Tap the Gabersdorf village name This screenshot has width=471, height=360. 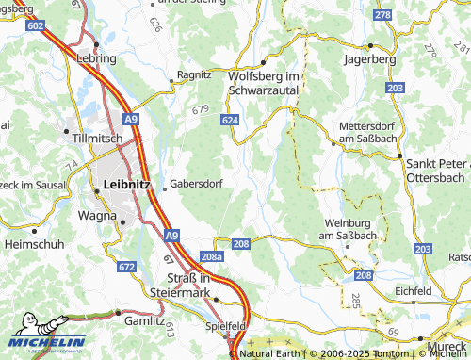click(x=196, y=185)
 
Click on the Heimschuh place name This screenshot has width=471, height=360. click(x=33, y=243)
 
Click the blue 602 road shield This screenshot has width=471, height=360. click(x=35, y=26)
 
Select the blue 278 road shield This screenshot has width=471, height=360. click(x=382, y=16)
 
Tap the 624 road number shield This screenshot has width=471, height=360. click(x=231, y=122)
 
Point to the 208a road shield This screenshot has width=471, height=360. click(x=212, y=256)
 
